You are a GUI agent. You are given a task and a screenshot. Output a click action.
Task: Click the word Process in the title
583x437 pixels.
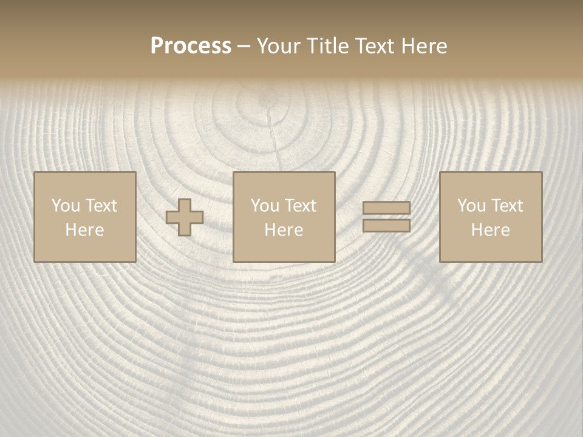(x=191, y=46)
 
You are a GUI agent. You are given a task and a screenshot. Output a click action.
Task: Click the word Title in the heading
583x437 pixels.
(x=329, y=46)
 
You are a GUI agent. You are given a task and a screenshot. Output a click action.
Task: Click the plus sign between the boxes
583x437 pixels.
(x=185, y=217)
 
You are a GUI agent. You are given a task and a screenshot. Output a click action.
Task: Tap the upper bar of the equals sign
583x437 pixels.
(x=386, y=208)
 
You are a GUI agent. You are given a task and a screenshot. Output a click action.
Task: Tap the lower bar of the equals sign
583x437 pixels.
(x=386, y=226)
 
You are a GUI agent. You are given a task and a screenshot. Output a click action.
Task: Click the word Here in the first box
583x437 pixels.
(x=85, y=230)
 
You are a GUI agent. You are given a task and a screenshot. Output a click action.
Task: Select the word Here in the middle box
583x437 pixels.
(x=284, y=230)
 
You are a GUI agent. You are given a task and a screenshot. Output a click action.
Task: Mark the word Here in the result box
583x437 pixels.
(x=491, y=230)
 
